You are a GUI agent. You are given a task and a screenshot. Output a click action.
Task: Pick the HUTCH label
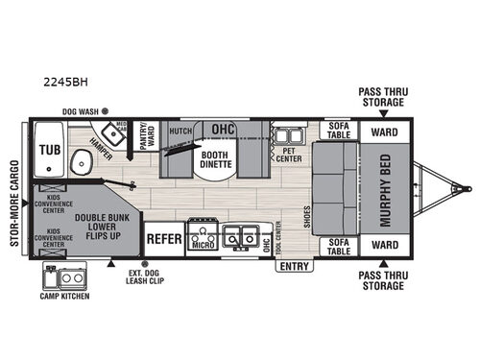179,130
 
